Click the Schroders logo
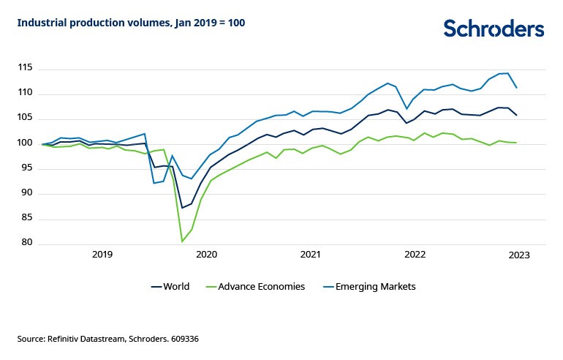pos(494,29)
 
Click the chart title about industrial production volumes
pos(131,23)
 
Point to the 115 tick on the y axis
pos(26,68)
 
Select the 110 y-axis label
pos(26,93)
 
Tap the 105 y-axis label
pos(26,118)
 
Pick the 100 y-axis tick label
pos(26,143)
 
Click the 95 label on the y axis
pos(28,168)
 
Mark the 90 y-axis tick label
pos(28,192)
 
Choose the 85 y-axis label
pos(28,217)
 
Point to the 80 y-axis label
pos(28,242)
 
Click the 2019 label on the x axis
pos(102,255)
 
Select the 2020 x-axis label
pos(207,255)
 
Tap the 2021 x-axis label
pos(311,255)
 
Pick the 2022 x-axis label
pos(415,255)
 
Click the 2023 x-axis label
pos(519,255)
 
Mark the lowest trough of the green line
pos(182,241)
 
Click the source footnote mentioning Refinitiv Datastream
pos(108,339)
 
